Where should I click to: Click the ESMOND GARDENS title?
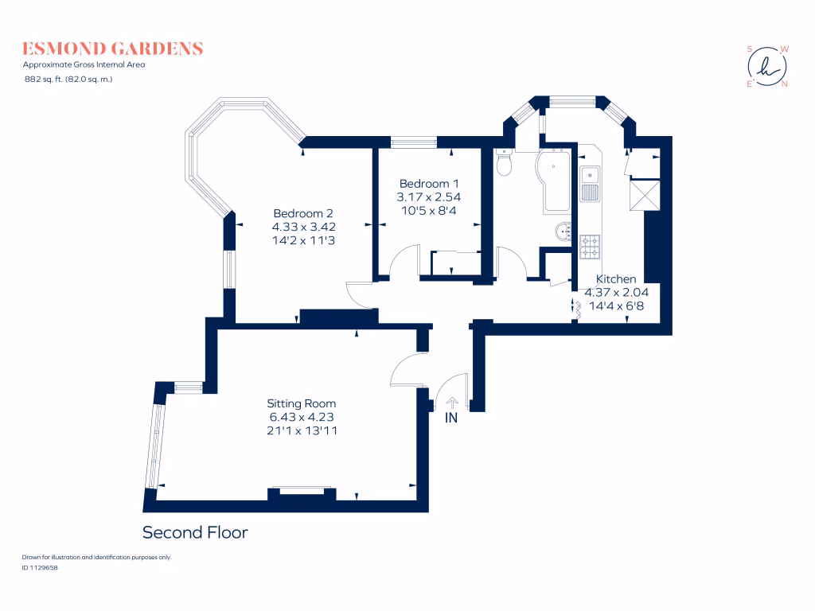coord(112,49)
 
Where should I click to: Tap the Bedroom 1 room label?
coord(430,182)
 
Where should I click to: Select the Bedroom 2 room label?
coord(302,213)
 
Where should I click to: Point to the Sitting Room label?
coord(301,403)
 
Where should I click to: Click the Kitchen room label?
coord(617,279)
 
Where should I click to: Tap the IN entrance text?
coord(451,418)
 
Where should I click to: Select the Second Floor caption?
coord(195,532)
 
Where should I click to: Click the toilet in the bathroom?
coord(504,164)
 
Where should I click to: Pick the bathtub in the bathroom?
coord(554,181)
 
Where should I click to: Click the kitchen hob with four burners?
coord(590,247)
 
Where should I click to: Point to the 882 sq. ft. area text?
coord(68,79)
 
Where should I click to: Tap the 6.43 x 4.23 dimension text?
coord(301,417)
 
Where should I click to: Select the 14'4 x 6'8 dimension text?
coord(617,305)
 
